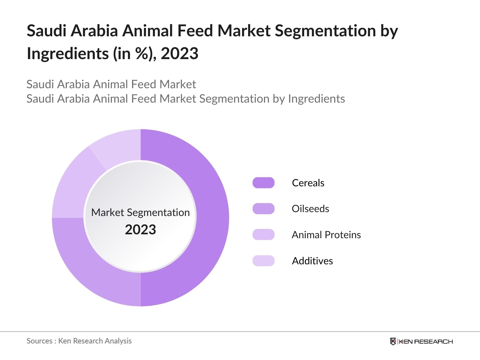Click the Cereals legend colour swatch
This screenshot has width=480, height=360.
tap(263, 183)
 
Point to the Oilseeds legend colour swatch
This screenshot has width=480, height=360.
tap(263, 209)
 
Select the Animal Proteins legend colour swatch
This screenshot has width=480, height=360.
tap(263, 235)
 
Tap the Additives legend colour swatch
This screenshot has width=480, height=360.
tap(263, 261)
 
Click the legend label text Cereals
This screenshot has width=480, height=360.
tap(308, 183)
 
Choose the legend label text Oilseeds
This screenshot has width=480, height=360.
tap(310, 209)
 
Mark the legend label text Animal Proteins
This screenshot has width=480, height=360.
tap(326, 235)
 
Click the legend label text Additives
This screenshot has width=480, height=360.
tap(312, 261)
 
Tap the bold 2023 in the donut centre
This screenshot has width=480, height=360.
tap(140, 230)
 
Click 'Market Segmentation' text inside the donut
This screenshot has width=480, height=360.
tap(140, 212)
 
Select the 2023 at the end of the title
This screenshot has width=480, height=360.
tap(180, 54)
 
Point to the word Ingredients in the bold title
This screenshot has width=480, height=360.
tap(68, 54)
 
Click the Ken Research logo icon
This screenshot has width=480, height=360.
tap(393, 341)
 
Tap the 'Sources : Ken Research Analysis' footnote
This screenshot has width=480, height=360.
tap(79, 341)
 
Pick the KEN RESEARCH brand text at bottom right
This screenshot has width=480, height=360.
tap(426, 342)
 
